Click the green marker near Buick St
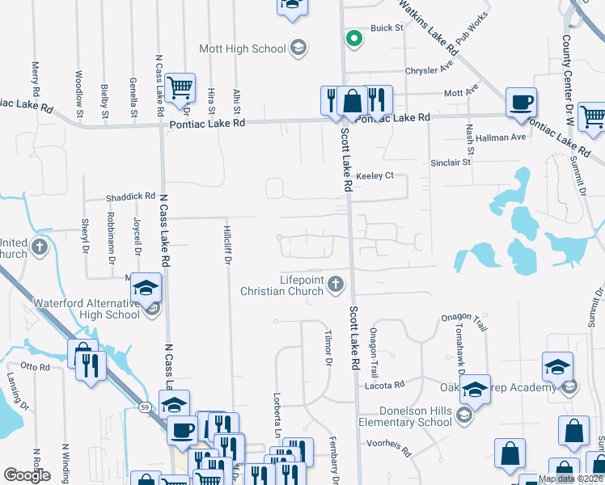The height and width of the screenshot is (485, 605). click(353, 37)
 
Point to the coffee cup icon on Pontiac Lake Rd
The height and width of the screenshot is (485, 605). click(520, 103)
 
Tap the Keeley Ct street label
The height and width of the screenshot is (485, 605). click(374, 175)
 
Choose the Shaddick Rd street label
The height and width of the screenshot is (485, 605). click(130, 196)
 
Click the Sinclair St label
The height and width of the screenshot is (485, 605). click(451, 162)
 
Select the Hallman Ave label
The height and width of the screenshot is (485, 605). click(501, 137)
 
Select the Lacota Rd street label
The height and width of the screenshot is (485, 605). click(389, 386)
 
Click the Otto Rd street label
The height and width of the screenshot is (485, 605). click(36, 366)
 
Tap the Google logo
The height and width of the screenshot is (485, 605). click(27, 475)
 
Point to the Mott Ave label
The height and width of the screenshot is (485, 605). click(461, 94)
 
